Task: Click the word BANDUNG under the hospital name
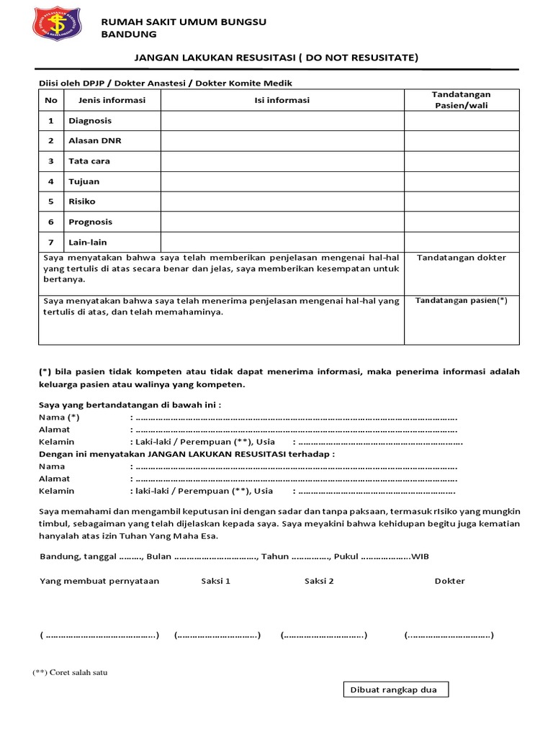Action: [x=128, y=34]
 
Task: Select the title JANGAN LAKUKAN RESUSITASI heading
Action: [x=276, y=57]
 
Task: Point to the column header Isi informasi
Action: [x=282, y=100]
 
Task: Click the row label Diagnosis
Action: [x=90, y=121]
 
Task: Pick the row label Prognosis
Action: [x=91, y=222]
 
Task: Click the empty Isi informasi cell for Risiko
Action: [x=282, y=202]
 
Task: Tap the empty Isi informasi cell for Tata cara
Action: [x=282, y=161]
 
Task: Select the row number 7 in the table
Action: [x=51, y=243]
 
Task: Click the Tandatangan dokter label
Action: [x=462, y=258]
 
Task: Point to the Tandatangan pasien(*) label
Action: [x=462, y=301]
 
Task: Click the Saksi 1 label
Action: [x=215, y=581]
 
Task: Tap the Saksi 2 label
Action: [x=319, y=581]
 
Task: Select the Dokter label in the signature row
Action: [x=450, y=581]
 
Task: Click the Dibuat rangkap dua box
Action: [x=394, y=689]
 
